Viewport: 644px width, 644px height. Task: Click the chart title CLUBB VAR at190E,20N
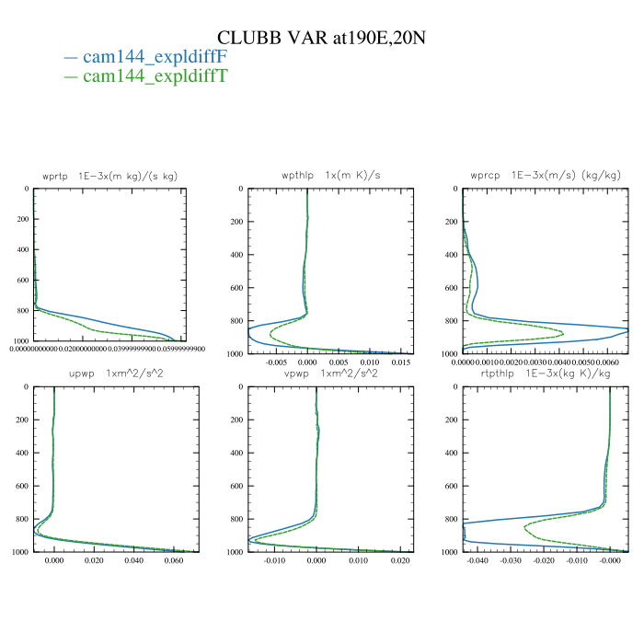coord(321,38)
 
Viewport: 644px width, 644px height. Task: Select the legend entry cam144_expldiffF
coord(155,57)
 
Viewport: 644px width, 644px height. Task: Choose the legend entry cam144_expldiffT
coord(155,76)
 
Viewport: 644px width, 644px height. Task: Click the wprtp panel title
coord(104,177)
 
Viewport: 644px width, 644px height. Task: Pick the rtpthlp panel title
coord(545,375)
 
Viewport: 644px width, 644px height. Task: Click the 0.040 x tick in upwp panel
coord(134,560)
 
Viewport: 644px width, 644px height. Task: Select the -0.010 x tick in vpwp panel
coord(275,560)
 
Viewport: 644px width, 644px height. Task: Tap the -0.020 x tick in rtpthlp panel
coord(545,560)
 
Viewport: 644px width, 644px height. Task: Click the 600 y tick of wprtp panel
coord(19,280)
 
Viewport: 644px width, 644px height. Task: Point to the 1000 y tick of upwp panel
coord(17,552)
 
